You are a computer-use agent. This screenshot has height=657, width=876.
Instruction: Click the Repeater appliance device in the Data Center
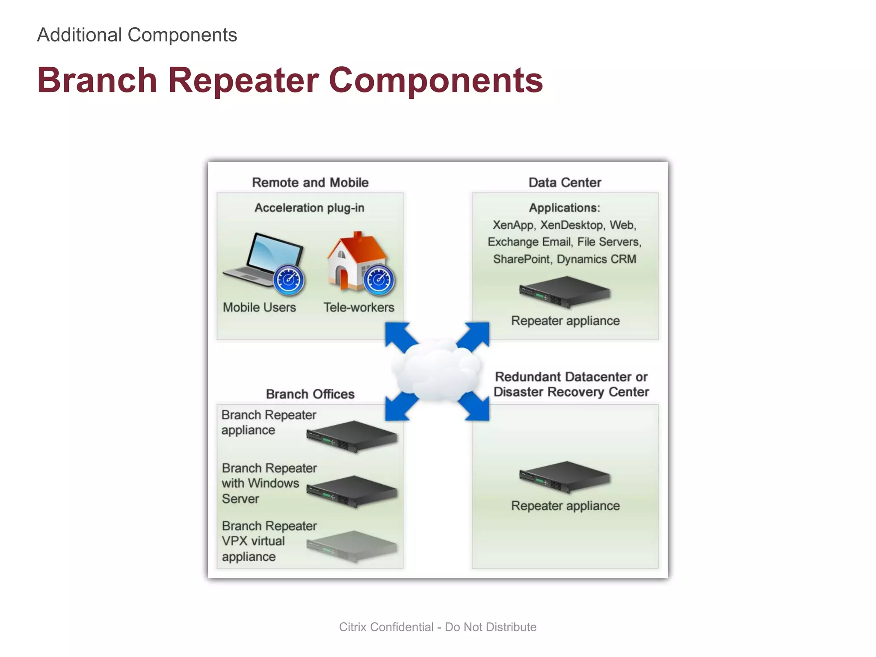coord(565,292)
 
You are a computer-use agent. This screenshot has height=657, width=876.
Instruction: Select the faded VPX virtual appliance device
coord(352,546)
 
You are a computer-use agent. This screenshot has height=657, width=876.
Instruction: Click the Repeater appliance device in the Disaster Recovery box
coord(565,477)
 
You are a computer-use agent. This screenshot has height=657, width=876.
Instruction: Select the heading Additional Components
coord(137,35)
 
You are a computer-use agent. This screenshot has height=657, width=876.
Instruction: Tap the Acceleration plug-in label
coord(309,208)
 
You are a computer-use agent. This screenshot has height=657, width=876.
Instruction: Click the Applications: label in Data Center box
coord(565,208)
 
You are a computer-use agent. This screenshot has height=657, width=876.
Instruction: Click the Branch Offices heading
coord(310,394)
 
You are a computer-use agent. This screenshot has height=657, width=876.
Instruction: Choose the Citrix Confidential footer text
coord(438,627)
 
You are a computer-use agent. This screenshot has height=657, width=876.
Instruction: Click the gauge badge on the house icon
coord(379,281)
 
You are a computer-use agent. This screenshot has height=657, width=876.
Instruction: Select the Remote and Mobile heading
coord(310,183)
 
